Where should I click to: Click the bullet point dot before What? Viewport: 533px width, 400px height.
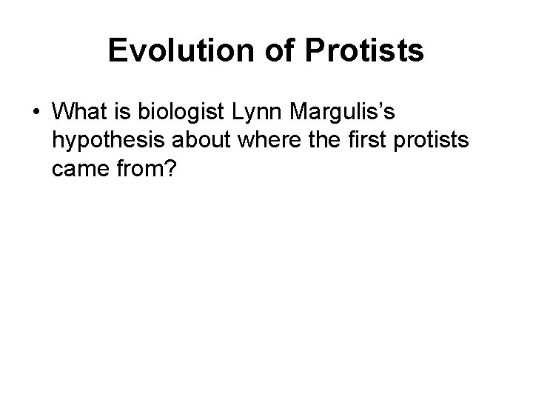click(37, 113)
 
